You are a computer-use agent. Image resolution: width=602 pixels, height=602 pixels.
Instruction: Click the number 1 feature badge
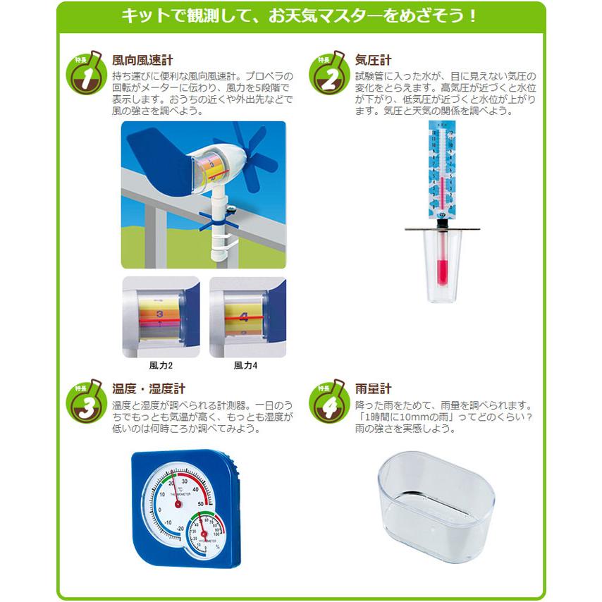click(x=83, y=75)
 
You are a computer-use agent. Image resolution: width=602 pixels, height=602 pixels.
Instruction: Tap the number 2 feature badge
click(x=327, y=75)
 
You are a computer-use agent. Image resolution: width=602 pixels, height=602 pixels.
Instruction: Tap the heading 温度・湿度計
click(x=149, y=389)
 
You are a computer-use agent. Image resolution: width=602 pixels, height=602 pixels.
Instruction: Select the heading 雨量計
click(x=374, y=389)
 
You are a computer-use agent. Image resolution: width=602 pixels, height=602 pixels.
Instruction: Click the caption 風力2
click(x=161, y=366)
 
